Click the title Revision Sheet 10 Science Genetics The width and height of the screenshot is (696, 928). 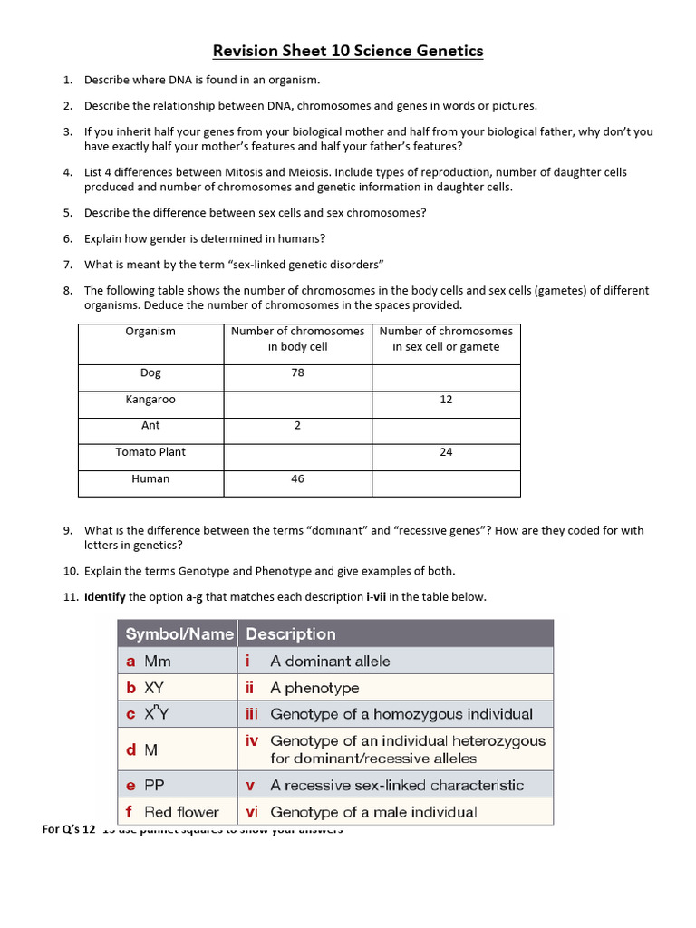point(348,51)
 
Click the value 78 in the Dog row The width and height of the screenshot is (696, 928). point(297,372)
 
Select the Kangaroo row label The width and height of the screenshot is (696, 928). point(150,400)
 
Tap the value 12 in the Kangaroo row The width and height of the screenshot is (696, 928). point(446,400)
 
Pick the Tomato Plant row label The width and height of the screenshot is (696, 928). point(150,452)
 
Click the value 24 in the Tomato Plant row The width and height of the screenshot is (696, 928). point(446,452)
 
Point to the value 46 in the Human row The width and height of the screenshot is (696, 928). point(297,478)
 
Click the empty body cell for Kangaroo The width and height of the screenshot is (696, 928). point(297,404)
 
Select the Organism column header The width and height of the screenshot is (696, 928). point(150,332)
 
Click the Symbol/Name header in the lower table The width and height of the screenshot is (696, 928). point(179,633)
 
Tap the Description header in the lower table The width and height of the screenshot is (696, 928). point(290,633)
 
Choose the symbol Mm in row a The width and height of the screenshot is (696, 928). point(158,662)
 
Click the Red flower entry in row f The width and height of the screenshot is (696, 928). point(181,812)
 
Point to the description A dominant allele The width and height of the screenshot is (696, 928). point(330,662)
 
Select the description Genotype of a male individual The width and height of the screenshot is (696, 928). point(373,812)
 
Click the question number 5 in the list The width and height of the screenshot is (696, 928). point(68,213)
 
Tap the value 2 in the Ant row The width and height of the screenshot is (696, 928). point(297,426)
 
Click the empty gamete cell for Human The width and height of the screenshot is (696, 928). point(446,483)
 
